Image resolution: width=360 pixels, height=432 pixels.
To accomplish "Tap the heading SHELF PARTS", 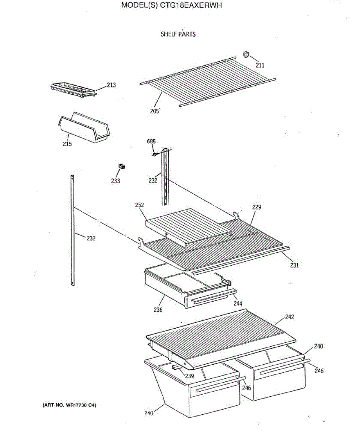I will coord(178,34).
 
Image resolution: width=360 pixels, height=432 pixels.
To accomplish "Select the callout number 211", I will coord(260,65).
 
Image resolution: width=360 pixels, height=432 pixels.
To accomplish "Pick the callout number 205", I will coord(154,111).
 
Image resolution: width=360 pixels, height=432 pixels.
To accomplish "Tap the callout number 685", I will coord(151,141).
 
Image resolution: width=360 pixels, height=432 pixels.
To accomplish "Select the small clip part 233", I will coord(122,166).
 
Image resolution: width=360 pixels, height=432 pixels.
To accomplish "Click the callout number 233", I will coord(116,181).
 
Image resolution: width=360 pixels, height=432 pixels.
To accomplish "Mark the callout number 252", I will coord(140,205).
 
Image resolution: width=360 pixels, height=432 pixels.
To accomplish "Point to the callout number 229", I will coord(257,207).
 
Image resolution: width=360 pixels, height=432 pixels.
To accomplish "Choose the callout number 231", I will coord(294,266).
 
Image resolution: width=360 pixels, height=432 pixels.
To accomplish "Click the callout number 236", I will coord(158,310).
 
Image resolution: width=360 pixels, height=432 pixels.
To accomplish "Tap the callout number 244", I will coord(238,303).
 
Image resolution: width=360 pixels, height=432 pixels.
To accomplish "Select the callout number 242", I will coord(289,317).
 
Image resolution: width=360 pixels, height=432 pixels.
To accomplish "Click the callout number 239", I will coord(189,376).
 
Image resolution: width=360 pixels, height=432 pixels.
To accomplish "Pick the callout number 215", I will coord(67,144).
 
